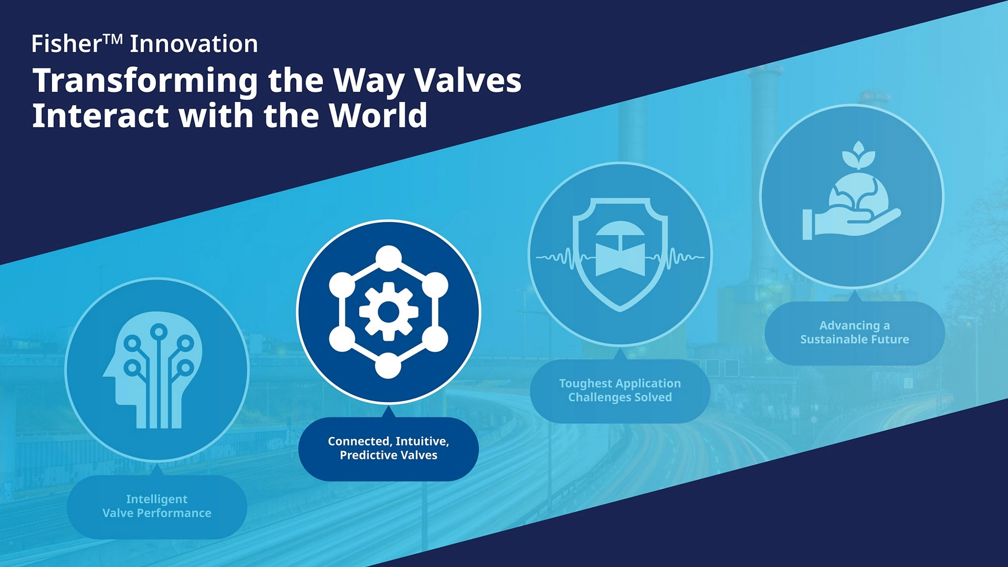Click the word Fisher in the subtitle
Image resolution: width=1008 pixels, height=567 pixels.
click(66, 44)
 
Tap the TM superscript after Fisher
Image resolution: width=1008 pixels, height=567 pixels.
click(113, 39)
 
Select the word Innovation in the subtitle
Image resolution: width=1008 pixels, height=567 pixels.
click(194, 44)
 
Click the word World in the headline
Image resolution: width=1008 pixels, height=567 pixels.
click(378, 115)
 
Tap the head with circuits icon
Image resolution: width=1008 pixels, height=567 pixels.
click(153, 370)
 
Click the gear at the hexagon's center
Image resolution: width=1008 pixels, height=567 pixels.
click(388, 312)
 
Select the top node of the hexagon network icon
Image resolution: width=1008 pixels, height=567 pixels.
click(388, 258)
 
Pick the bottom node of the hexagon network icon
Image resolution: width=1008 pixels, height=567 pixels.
click(388, 365)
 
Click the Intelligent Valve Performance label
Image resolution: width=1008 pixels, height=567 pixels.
click(157, 506)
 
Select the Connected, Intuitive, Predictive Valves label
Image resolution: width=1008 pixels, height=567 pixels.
click(388, 448)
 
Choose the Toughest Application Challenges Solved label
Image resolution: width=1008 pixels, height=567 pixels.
click(620, 391)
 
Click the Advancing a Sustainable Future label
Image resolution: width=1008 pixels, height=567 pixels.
click(855, 332)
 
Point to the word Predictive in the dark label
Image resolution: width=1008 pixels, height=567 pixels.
click(366, 455)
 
